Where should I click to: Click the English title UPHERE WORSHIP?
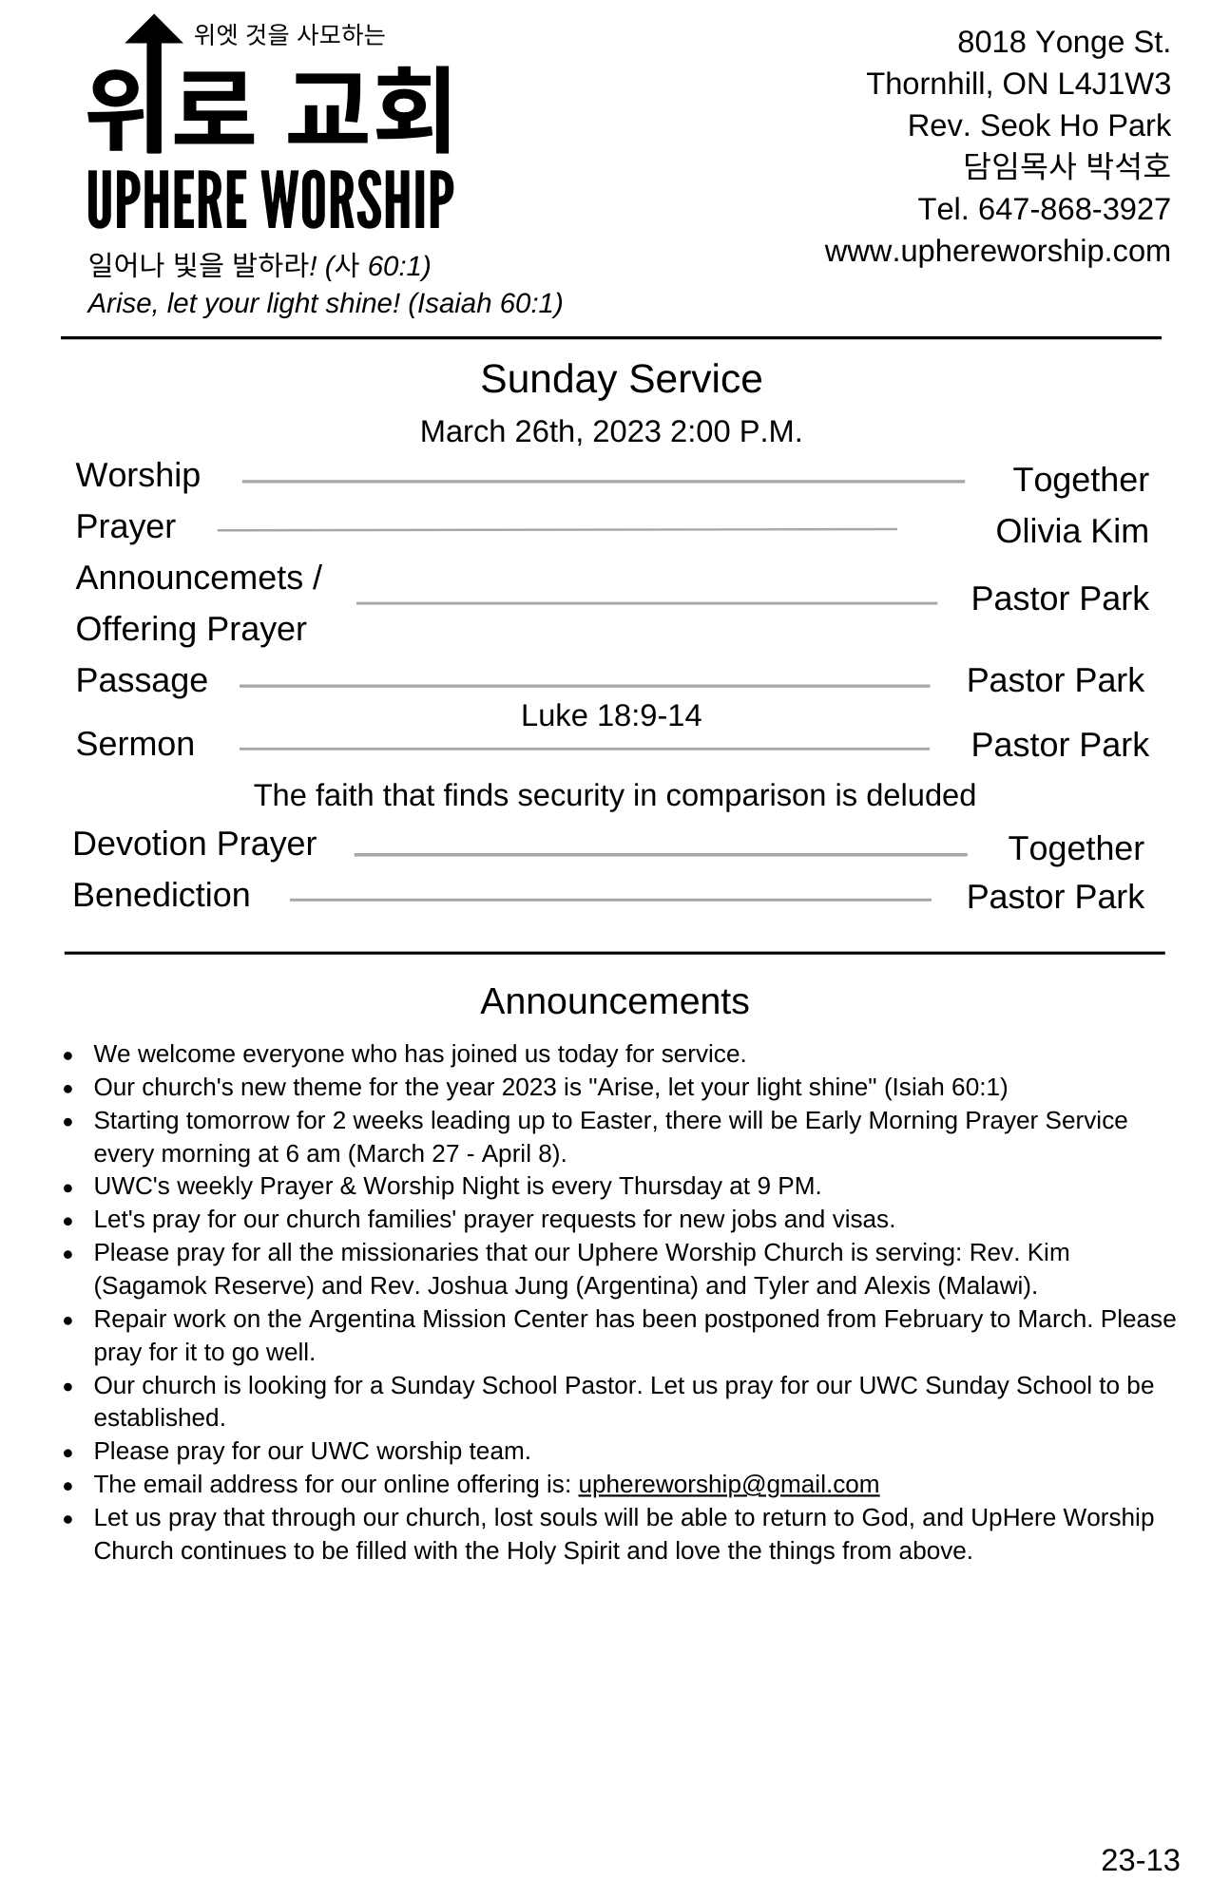pos(270,199)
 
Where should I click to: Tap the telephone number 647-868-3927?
pos(1074,209)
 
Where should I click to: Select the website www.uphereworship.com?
pos(997,251)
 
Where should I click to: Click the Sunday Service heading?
pos(621,379)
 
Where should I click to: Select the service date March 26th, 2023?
pos(540,431)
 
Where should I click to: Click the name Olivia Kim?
pos(1071,531)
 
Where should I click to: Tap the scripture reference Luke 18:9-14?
pos(610,715)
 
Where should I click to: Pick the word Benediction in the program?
pos(162,895)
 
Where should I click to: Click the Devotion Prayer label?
pos(194,844)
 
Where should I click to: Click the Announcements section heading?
pos(614,1001)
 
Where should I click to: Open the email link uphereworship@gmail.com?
pos(728,1484)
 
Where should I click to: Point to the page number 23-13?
pos(1140,1860)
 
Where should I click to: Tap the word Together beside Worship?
pos(1080,480)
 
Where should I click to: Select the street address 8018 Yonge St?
pos(1063,42)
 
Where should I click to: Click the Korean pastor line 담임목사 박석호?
pos(1067,166)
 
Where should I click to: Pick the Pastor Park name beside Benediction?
pos(1055,897)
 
